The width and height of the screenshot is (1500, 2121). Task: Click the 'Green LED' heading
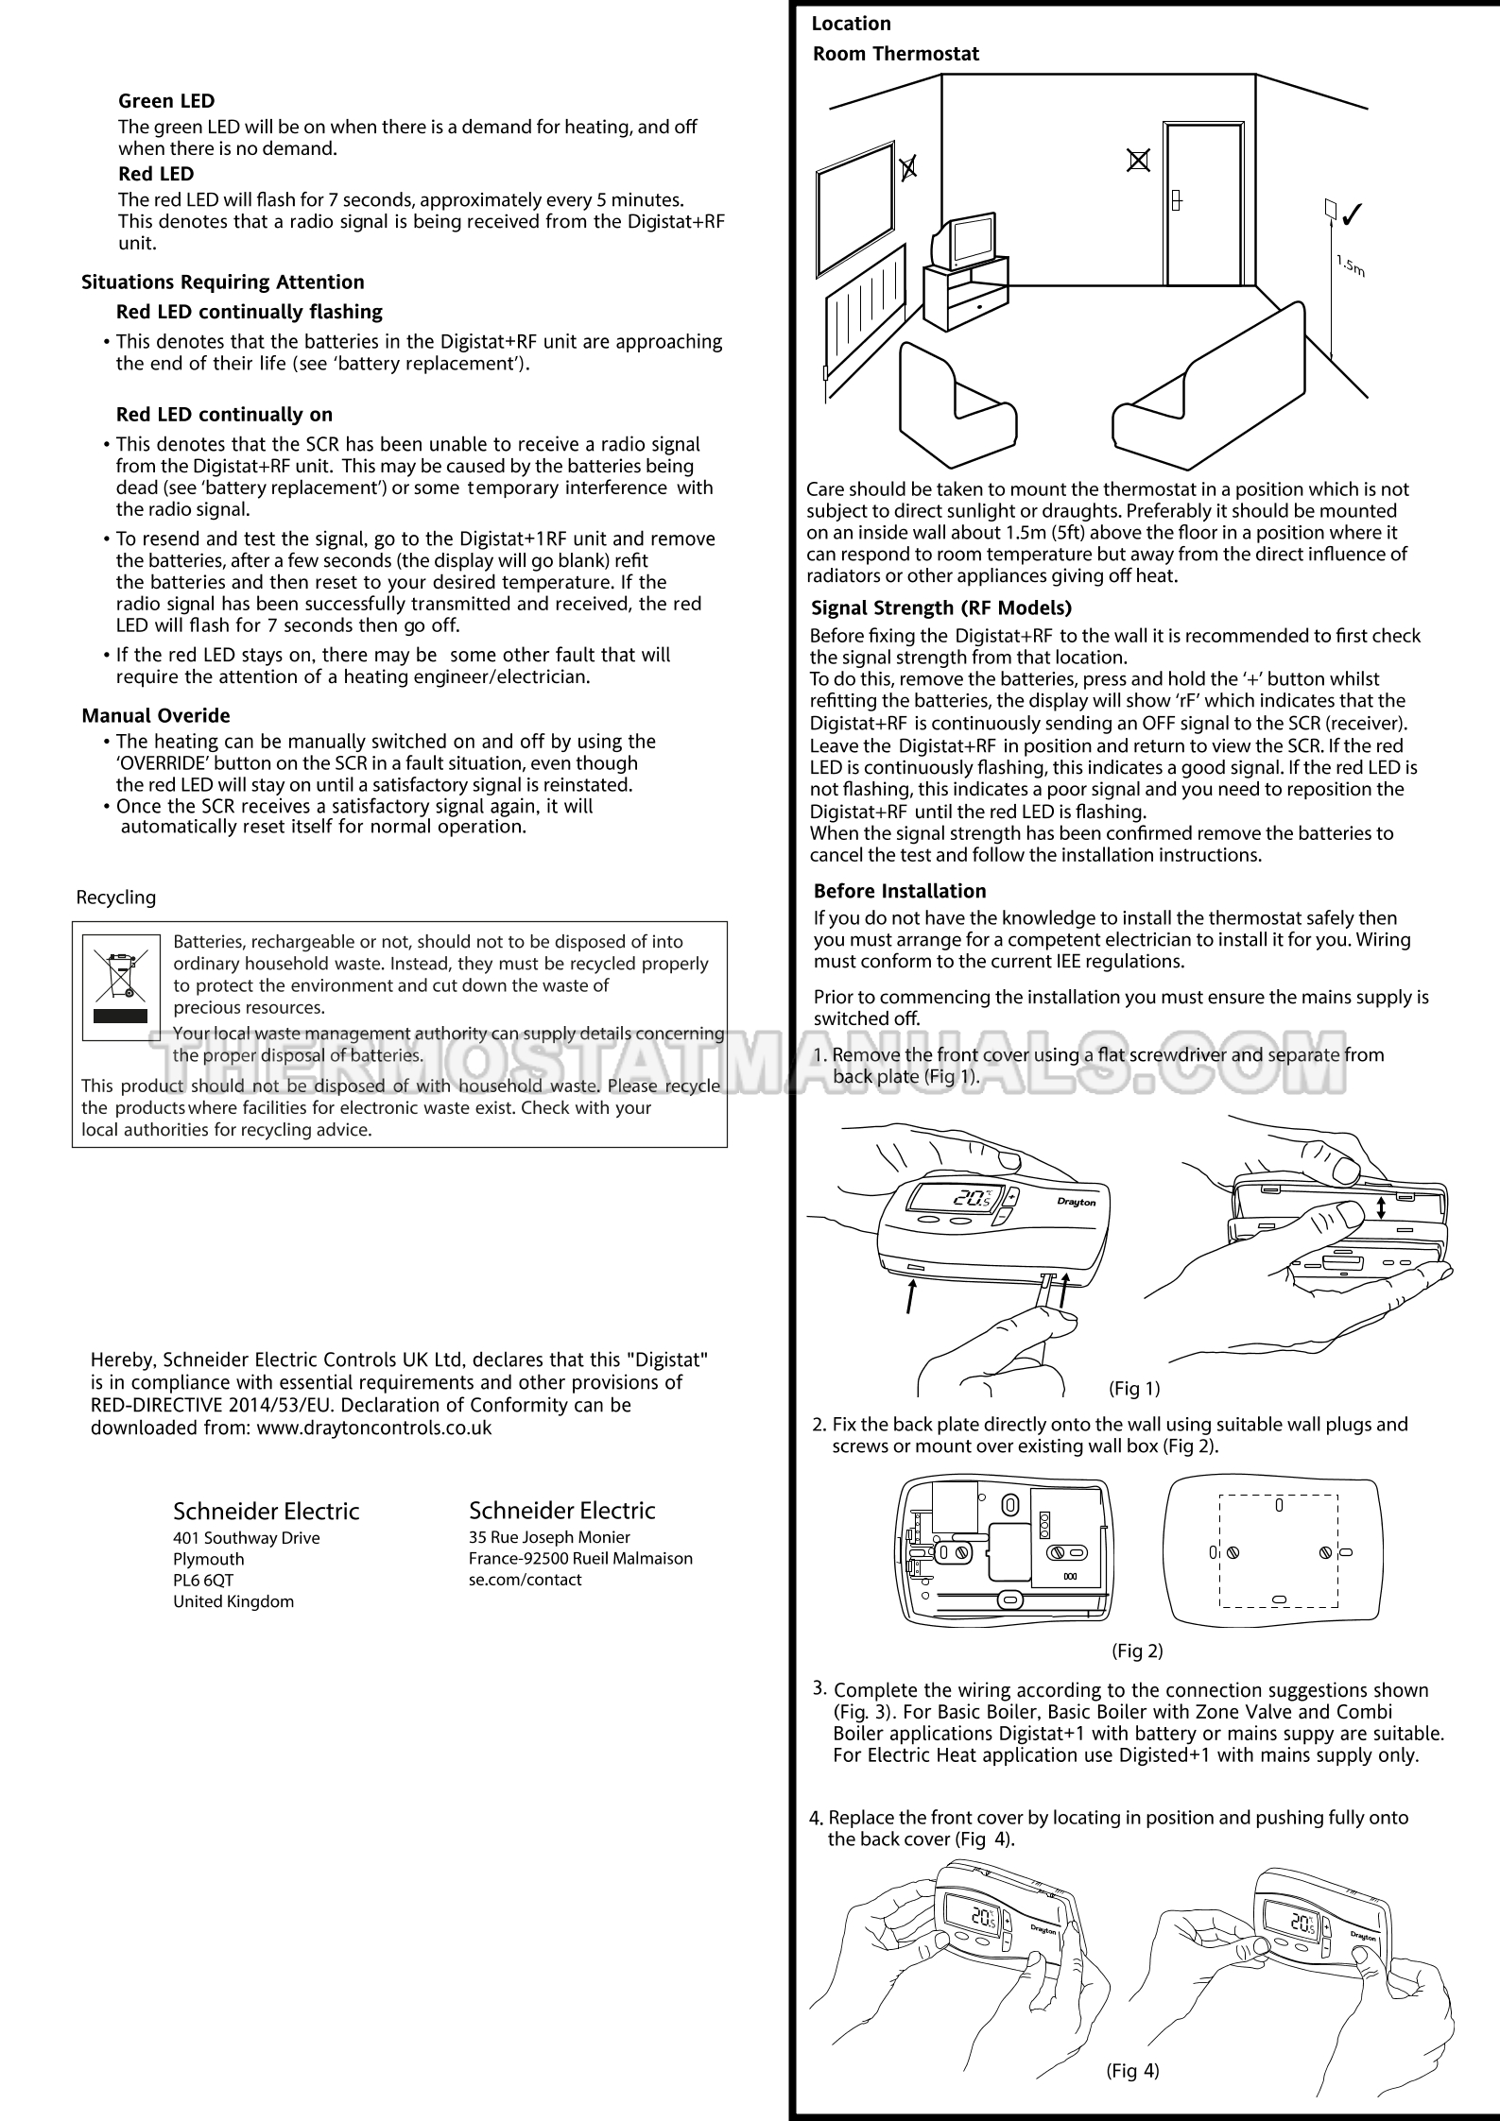click(166, 101)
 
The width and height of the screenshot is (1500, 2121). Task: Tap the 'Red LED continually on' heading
click(224, 415)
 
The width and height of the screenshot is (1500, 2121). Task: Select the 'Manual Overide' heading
click(156, 716)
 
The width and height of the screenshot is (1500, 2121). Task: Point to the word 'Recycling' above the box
click(116, 898)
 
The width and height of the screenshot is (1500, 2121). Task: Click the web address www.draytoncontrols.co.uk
click(374, 1428)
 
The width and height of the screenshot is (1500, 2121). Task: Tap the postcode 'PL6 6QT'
click(203, 1581)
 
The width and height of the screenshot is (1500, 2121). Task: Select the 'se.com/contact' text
click(525, 1580)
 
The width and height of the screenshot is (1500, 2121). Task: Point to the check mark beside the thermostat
click(1350, 215)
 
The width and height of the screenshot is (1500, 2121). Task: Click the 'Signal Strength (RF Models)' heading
click(941, 607)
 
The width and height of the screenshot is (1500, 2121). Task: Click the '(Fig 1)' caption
click(1134, 1389)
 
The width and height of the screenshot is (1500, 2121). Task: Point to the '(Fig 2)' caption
click(1137, 1651)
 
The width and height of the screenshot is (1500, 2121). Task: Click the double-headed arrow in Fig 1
click(1381, 1208)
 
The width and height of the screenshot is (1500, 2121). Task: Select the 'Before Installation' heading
click(899, 891)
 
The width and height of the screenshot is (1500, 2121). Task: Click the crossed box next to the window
click(907, 168)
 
